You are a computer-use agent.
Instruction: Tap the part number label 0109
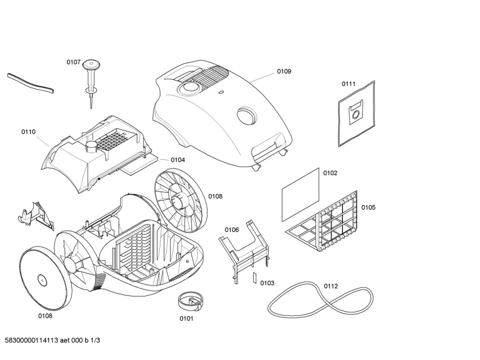click(x=284, y=71)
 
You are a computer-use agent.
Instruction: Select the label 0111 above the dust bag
click(x=349, y=84)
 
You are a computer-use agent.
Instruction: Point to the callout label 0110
click(x=28, y=132)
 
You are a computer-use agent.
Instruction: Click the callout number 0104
click(x=177, y=160)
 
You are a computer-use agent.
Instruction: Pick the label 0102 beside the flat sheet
click(x=330, y=173)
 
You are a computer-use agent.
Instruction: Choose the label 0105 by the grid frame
click(x=368, y=207)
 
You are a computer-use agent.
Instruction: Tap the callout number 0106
click(x=232, y=230)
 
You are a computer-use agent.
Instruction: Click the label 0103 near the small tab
click(x=267, y=282)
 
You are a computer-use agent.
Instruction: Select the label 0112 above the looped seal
click(x=331, y=286)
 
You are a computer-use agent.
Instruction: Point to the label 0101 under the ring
click(x=186, y=318)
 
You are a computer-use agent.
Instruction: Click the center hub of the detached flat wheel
click(x=41, y=279)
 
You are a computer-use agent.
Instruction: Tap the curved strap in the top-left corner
click(x=31, y=83)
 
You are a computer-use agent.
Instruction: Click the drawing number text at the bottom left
click(x=52, y=340)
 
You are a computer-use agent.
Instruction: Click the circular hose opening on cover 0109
click(x=247, y=116)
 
